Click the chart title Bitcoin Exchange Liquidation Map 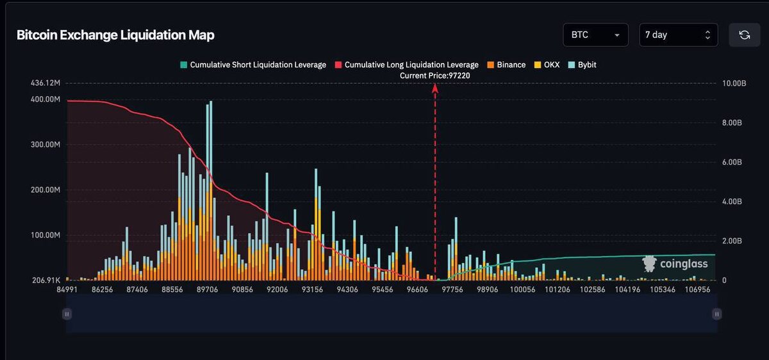coord(115,35)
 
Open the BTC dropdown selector coord(595,35)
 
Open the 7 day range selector coord(678,35)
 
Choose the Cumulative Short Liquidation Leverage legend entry coord(253,65)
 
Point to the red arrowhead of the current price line coord(435,88)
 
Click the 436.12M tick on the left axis coord(45,83)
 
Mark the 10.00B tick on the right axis coord(732,83)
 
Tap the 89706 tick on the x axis coord(207,290)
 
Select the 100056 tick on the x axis coord(522,290)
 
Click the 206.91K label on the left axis coord(46,281)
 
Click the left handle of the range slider coord(67,314)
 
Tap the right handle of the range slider coord(717,314)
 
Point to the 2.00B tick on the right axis coord(731,241)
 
